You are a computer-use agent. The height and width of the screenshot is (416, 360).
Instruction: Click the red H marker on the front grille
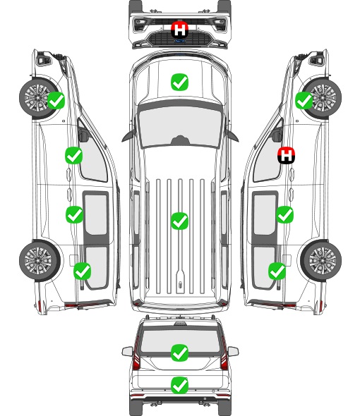pyautogui.click(x=179, y=30)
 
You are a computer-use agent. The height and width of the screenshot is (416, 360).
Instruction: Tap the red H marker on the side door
pyautogui.click(x=286, y=155)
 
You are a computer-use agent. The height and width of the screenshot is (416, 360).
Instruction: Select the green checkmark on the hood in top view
pyautogui.click(x=179, y=82)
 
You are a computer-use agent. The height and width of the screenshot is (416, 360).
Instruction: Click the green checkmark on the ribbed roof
pyautogui.click(x=179, y=221)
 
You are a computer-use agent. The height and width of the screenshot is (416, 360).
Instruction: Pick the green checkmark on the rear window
pyautogui.click(x=179, y=353)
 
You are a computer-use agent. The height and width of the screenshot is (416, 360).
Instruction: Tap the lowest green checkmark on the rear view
pyautogui.click(x=179, y=385)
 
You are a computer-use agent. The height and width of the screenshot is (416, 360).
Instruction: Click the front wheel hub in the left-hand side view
pyautogui.click(x=37, y=97)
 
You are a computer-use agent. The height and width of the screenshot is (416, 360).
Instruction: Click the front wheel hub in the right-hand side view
pyautogui.click(x=323, y=97)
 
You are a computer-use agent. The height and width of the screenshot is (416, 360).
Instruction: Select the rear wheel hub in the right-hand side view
pyautogui.click(x=323, y=261)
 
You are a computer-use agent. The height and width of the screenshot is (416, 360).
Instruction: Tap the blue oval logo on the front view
pyautogui.click(x=179, y=41)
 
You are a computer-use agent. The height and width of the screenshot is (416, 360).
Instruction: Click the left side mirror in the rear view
pyautogui.click(x=127, y=352)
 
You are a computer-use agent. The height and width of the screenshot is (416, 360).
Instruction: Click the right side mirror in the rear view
pyautogui.click(x=233, y=352)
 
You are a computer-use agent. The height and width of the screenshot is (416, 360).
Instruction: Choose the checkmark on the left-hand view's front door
pyautogui.click(x=73, y=155)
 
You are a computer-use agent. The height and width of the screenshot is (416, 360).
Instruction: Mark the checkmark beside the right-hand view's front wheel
pyautogui.click(x=304, y=100)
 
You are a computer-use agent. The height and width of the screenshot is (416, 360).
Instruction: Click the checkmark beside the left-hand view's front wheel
pyautogui.click(x=56, y=100)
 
